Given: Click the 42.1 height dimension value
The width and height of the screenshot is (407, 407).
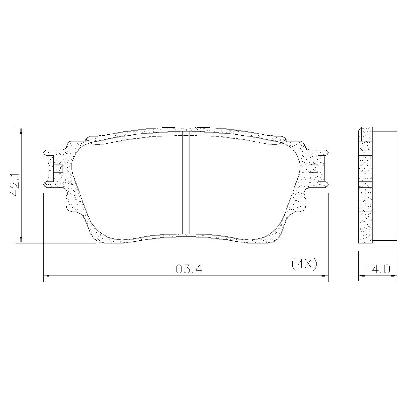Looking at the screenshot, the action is (x=16, y=185).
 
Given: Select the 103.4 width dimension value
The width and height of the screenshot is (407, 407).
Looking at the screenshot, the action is (x=185, y=269).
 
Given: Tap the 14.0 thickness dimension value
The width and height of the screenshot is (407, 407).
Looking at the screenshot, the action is (x=377, y=269).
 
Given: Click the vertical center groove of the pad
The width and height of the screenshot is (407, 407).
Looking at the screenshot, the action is (x=186, y=182).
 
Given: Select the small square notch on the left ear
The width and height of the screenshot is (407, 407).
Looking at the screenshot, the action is (x=58, y=169).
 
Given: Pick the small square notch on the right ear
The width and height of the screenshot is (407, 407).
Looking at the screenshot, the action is (x=313, y=169).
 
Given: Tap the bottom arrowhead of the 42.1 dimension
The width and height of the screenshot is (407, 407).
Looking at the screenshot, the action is (x=21, y=239).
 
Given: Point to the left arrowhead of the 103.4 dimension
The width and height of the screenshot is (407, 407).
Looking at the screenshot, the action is (x=47, y=276).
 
